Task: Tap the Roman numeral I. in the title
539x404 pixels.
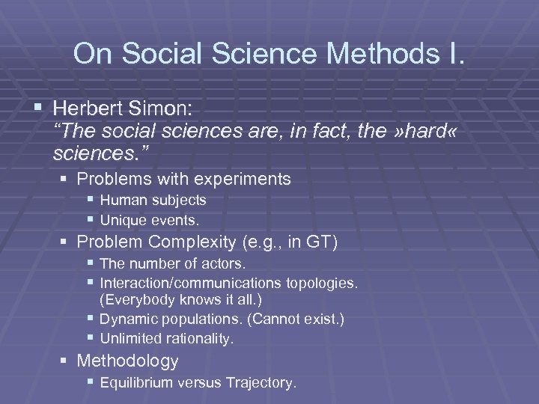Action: coord(454,54)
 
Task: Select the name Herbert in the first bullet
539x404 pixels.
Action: coord(95,109)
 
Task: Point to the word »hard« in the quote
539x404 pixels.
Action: coord(416,133)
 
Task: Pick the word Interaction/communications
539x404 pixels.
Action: coord(191,283)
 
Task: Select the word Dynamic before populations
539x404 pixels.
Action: coord(127,319)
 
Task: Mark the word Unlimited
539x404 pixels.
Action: coord(131,338)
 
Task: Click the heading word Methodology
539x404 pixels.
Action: coord(128,361)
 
